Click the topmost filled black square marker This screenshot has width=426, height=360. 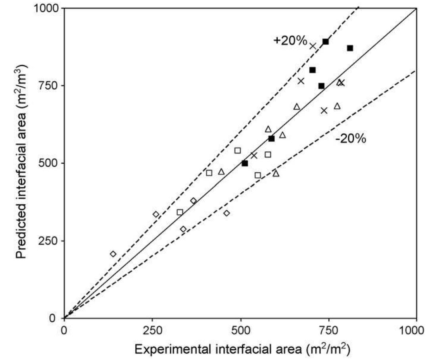326,42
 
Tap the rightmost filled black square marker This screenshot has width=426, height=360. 350,48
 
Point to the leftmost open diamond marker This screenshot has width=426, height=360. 113,254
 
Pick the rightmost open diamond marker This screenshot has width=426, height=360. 226,213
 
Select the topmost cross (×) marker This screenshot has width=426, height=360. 313,46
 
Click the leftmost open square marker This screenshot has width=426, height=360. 180,212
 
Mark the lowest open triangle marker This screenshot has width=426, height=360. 276,173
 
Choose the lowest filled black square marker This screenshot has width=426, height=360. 245,164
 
